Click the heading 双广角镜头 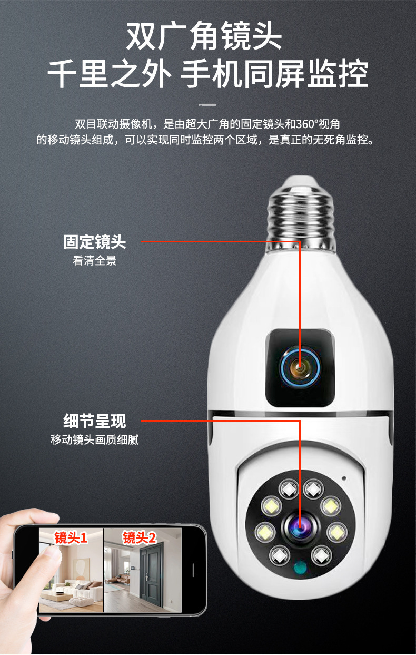204,36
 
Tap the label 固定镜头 95,242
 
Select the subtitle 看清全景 95,260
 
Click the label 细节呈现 95,421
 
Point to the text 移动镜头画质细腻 95,439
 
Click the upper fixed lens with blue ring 300,367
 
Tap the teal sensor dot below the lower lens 300,568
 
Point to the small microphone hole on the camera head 344,478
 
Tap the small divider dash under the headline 207,105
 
